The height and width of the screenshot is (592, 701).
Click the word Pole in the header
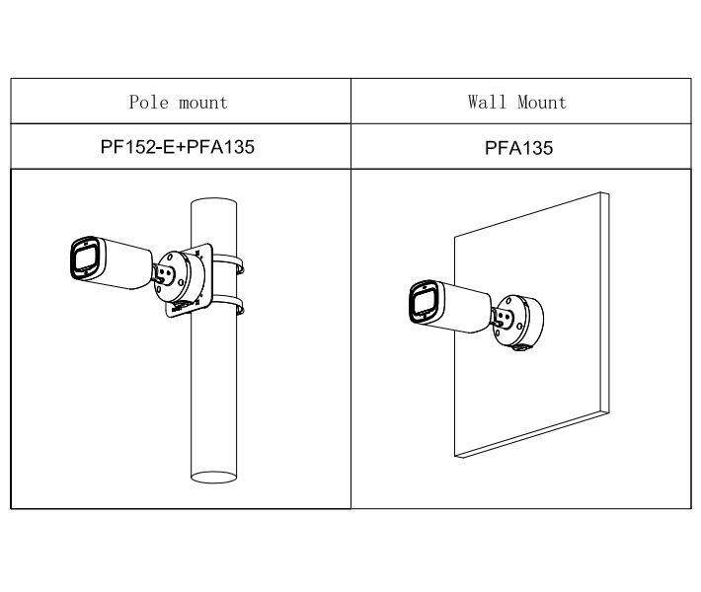coord(149,103)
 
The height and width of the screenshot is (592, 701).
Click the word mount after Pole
coord(203,103)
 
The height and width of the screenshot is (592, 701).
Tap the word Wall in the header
coord(487,102)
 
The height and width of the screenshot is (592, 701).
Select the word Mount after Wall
coord(542,103)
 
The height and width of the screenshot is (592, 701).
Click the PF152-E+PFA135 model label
coord(178,147)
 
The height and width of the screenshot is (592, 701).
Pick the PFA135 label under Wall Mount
coord(518,148)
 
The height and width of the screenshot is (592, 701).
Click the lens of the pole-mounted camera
coord(84,259)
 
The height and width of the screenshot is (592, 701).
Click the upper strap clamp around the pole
coord(228,263)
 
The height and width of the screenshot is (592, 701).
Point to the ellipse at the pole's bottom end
coord(213,477)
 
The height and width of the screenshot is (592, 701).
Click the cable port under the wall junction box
coord(520,346)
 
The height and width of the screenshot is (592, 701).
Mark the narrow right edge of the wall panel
coord(604,302)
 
